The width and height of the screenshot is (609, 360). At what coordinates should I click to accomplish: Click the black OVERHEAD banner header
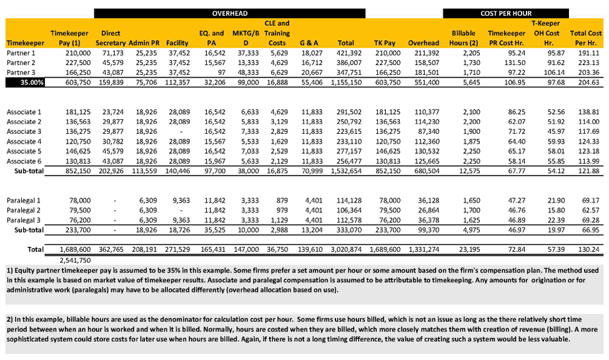click(229, 12)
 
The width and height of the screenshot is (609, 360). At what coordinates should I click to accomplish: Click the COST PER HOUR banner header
click(506, 12)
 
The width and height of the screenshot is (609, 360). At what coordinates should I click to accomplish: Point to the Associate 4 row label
click(24, 141)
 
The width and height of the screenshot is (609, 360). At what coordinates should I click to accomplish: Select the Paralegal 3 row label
click(24, 220)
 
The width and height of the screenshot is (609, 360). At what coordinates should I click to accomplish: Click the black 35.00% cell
click(21, 82)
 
